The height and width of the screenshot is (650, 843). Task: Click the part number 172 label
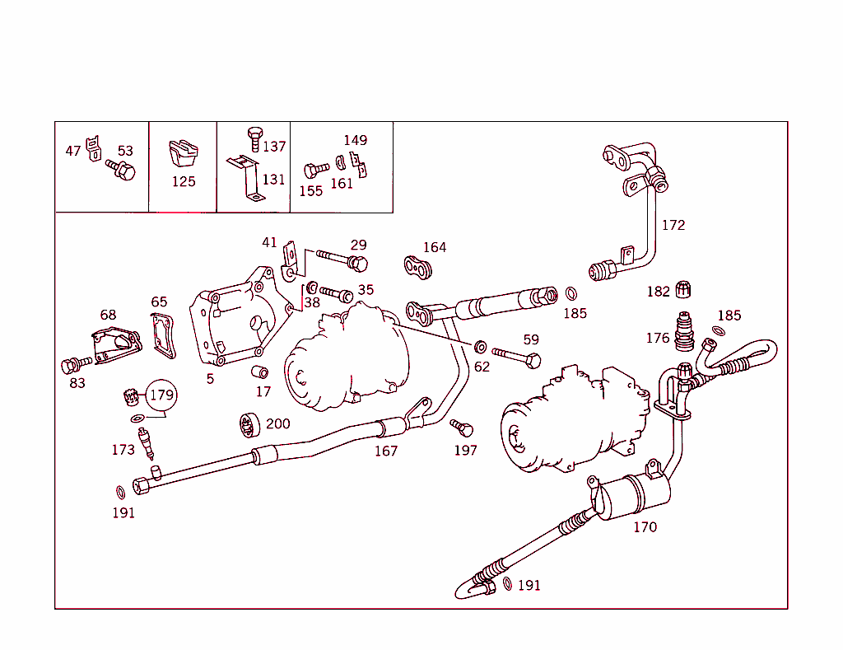[673, 225]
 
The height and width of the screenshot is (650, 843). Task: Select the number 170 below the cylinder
[645, 526]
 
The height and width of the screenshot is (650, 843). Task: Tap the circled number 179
[161, 395]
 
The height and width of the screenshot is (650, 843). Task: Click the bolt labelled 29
[340, 260]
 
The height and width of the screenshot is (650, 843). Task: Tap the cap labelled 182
[682, 289]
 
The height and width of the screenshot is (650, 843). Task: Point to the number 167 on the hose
[385, 451]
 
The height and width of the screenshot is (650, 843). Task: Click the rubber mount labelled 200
[249, 424]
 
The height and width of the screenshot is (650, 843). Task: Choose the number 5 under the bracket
[210, 379]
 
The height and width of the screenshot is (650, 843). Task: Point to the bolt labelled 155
[313, 171]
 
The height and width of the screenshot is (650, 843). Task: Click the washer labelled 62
[481, 345]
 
